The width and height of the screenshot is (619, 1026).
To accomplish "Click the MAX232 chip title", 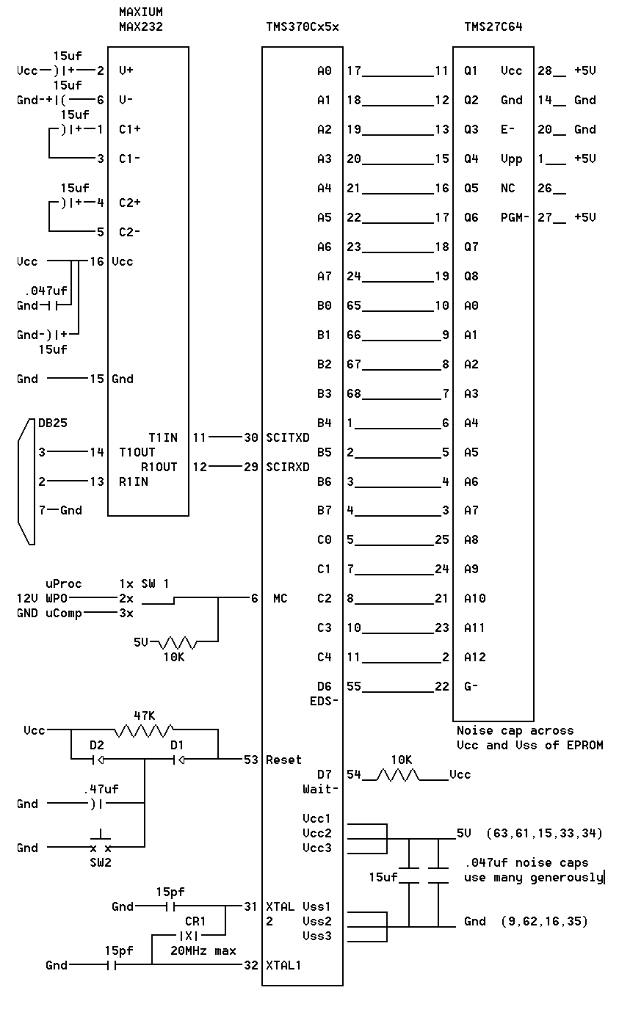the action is click(141, 26).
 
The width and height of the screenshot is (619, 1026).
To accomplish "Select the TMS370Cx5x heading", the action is click(303, 26).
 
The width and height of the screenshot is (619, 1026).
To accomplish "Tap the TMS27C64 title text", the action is click(493, 26).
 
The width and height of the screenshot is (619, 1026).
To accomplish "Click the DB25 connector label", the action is click(53, 423).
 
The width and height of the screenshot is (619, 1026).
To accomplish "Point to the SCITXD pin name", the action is click(288, 437).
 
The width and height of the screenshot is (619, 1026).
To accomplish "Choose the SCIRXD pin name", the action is click(288, 467).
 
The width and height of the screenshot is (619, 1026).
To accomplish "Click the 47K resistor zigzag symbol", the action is click(144, 730).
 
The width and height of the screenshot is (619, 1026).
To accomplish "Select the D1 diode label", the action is click(177, 745).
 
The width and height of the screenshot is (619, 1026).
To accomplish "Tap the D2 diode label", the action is click(97, 745).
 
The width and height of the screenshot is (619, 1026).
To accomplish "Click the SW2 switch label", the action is click(101, 862).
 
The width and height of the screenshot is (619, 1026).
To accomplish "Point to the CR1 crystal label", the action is click(195, 921).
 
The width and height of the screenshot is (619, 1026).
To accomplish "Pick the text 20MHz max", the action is click(203, 950).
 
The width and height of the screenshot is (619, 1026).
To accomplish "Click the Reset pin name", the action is click(283, 760).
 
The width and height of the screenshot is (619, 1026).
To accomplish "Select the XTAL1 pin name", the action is click(283, 965).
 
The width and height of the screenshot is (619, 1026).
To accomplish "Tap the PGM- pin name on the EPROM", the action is click(515, 217).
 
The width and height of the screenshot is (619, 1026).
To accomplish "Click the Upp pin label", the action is click(511, 159).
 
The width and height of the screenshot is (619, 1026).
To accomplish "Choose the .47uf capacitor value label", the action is click(101, 789).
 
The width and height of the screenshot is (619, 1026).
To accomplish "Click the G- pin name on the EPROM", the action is click(471, 686).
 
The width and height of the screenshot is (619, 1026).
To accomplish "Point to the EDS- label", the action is click(324, 702).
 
